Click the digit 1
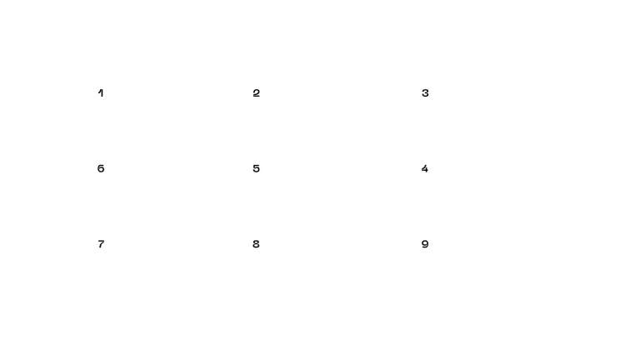coord(101,93)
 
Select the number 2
coord(257,93)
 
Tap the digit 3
coord(425,93)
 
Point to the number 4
coord(425,168)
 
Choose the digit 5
coord(257,168)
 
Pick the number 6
coord(101,168)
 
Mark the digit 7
coord(101,244)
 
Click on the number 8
coord(256,244)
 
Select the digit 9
coord(425,244)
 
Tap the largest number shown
coord(425,244)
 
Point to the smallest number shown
coord(101,93)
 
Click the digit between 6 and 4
coord(257,168)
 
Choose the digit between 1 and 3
coord(257,93)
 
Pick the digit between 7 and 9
coord(256,244)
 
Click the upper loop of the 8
coord(256,242)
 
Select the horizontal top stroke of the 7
coord(101,241)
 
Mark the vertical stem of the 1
coord(102,93)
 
